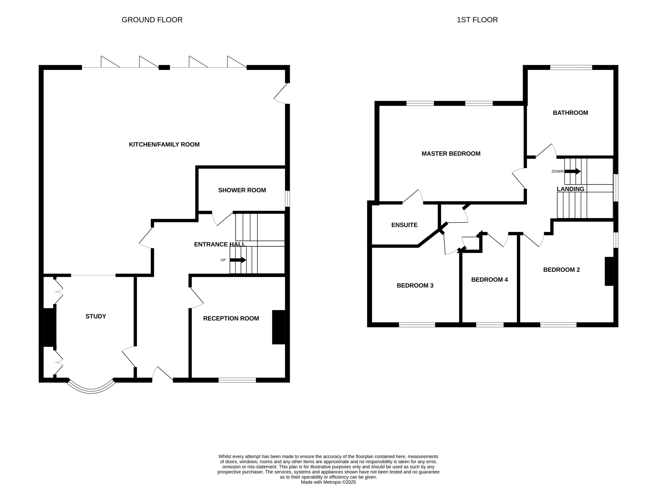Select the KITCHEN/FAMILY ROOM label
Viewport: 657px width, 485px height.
click(164, 145)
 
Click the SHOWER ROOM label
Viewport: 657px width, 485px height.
click(242, 190)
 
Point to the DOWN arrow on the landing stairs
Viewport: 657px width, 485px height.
click(573, 171)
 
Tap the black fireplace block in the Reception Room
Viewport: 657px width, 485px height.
click(278, 327)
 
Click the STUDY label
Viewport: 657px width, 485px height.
click(96, 316)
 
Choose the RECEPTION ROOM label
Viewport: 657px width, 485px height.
click(231, 318)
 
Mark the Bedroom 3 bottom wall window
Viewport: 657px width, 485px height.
click(417, 325)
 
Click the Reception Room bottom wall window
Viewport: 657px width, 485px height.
click(237, 380)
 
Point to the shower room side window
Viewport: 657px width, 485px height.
click(288, 199)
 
